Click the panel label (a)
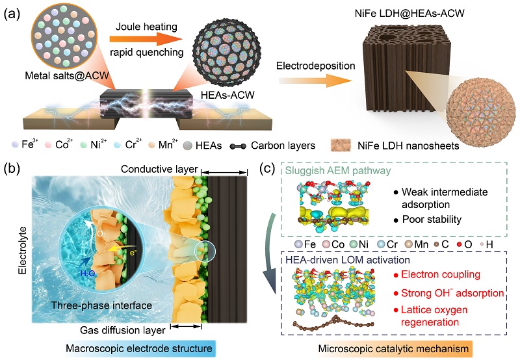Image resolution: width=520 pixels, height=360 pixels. pyautogui.click(x=14, y=12)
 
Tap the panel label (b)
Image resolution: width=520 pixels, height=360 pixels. pyautogui.click(x=14, y=170)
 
